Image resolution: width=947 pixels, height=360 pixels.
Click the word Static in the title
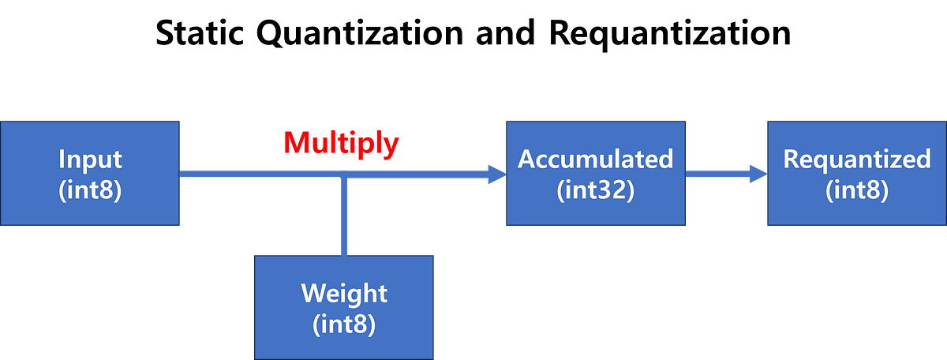tap(200, 33)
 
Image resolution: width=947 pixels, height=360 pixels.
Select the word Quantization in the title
tap(360, 34)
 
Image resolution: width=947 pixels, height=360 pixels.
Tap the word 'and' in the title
tap(505, 32)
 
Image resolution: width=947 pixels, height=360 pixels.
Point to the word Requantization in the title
tap(670, 35)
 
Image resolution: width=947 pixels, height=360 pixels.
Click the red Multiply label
tap(341, 144)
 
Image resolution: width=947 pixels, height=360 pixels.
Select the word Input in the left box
tap(90, 159)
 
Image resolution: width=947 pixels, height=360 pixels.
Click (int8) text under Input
tap(90, 190)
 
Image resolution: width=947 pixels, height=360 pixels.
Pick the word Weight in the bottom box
tap(344, 293)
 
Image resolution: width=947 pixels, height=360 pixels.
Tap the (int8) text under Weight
tap(344, 324)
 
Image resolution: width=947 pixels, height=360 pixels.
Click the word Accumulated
tap(595, 159)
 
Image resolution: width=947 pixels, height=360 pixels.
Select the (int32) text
tap(595, 190)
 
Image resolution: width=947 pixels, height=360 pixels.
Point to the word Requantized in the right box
tap(857, 159)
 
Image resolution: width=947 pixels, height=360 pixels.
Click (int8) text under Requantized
tap(857, 190)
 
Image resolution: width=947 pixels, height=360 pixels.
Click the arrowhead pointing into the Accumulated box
tap(498, 174)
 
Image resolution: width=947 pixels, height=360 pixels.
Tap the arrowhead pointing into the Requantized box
tap(759, 174)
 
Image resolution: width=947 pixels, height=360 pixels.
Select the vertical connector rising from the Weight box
tap(344, 215)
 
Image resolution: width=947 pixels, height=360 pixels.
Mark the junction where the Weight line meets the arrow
tap(344, 174)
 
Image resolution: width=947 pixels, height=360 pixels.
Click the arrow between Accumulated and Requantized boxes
tap(727, 174)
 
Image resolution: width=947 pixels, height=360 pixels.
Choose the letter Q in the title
tap(270, 34)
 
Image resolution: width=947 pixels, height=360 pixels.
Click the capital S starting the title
tap(165, 33)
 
